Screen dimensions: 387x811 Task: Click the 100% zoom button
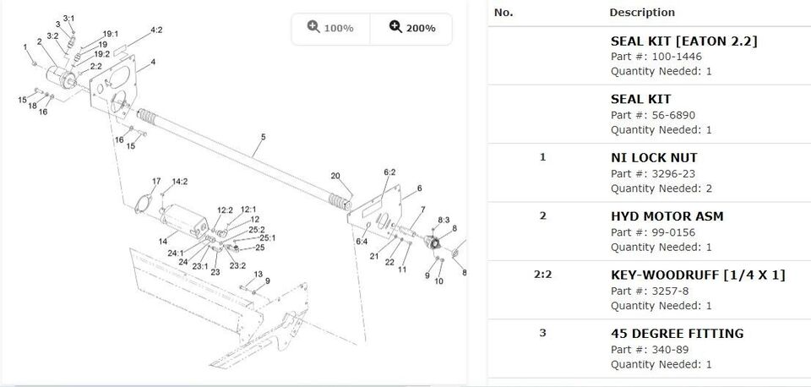click(330, 28)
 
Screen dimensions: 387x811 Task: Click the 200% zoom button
click(412, 28)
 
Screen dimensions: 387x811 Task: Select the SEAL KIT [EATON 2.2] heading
click(683, 41)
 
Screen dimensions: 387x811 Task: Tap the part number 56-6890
click(665, 115)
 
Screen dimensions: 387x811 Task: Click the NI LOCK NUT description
click(654, 157)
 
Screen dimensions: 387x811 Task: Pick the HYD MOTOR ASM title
click(667, 216)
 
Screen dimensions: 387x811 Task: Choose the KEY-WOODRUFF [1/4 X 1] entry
click(698, 275)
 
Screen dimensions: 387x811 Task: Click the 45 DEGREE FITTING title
click(677, 333)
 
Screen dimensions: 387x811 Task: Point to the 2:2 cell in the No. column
click(542, 275)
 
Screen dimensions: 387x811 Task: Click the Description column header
click(642, 13)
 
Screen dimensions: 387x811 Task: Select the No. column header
click(503, 13)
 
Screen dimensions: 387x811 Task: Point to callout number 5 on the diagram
click(263, 136)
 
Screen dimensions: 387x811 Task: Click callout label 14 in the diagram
click(162, 242)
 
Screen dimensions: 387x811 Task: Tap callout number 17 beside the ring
click(156, 182)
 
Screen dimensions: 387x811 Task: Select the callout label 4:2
click(156, 30)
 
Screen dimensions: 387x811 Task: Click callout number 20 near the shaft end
click(335, 176)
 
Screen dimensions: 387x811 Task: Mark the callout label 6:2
click(389, 172)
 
